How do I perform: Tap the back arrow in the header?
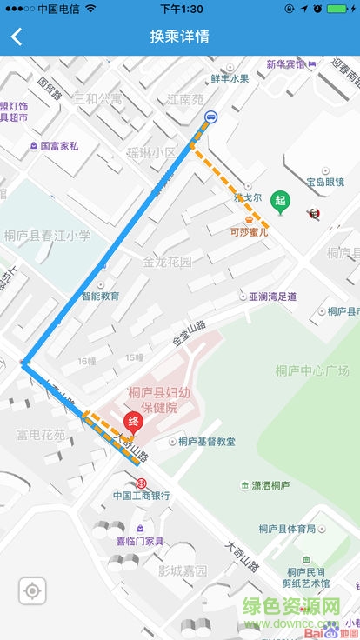tap(17, 37)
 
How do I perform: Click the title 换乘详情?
tap(179, 37)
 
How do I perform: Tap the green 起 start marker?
tap(279, 200)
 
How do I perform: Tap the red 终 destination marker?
tap(133, 423)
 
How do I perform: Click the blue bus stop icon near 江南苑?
tap(210, 117)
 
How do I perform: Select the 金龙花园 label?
tap(167, 262)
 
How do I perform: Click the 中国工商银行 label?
tap(142, 496)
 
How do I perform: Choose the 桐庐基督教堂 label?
tap(206, 442)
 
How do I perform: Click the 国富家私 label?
tap(59, 146)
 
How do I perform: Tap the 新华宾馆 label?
tap(286, 64)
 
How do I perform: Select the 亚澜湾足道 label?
tap(272, 297)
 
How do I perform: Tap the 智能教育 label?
tap(101, 296)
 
